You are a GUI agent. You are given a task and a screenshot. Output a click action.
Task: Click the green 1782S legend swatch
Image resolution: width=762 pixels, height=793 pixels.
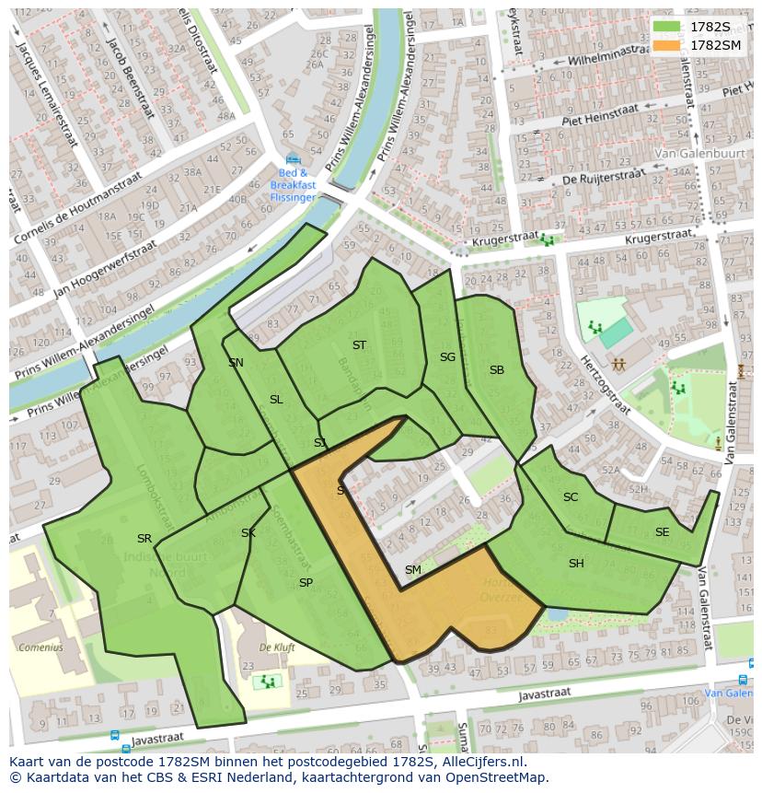coord(668,27)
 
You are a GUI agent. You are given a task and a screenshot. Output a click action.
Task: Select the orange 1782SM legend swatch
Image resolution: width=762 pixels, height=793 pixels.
coord(668,45)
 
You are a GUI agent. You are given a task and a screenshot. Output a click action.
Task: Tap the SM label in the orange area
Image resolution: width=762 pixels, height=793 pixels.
coord(412,570)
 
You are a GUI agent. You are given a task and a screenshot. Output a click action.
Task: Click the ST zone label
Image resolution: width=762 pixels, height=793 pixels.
coord(359,345)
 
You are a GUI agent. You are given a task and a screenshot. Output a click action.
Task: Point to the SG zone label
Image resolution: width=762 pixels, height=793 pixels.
coord(447,357)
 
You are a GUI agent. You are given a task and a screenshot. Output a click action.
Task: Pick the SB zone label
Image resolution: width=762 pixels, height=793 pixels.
coord(497,370)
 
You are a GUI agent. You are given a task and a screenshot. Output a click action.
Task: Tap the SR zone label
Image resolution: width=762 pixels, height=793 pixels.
coord(144,539)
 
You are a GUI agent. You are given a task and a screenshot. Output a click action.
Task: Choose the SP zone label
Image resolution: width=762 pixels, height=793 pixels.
coord(306,583)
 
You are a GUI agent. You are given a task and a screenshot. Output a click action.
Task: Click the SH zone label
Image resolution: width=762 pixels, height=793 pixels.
coord(576,564)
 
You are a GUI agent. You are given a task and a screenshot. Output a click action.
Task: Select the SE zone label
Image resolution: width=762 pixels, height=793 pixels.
coord(662,532)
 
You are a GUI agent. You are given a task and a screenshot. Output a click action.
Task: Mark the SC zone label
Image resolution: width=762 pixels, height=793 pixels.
coord(571,497)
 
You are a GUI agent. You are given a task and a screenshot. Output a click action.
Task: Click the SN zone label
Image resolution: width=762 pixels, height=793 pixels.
coord(236,363)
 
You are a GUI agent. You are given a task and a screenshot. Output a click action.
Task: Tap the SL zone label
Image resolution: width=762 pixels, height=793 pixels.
coord(276,400)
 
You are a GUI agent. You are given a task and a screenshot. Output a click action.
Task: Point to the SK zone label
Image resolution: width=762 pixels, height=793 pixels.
coord(248,533)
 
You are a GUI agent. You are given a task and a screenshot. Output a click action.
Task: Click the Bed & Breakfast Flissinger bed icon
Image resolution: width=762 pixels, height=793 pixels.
coord(293,158)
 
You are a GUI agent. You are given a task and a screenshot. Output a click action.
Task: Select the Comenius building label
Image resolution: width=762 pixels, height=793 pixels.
coord(40,647)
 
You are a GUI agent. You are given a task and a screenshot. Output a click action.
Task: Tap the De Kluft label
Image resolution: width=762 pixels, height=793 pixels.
coord(277,647)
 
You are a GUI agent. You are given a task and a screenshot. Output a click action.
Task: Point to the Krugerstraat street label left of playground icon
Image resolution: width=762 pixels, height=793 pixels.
coord(502,242)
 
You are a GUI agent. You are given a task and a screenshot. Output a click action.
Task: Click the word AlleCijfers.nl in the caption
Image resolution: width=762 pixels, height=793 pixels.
coord(482,762)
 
